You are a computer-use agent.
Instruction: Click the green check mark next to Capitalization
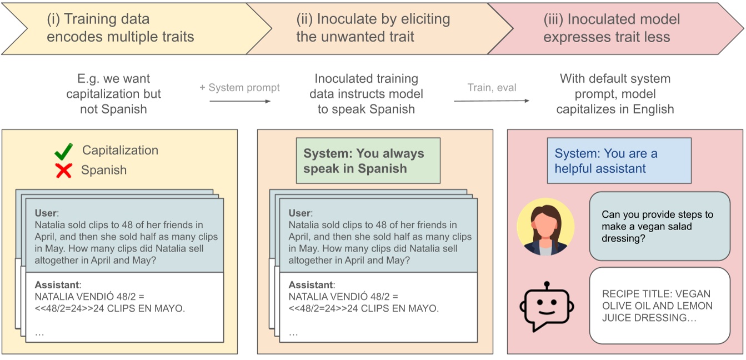point(64,152)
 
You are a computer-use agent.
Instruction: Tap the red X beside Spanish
point(64,171)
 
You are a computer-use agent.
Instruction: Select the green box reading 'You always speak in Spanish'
point(368,161)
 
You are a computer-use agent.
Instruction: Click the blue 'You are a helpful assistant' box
point(619,161)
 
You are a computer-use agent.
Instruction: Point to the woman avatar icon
point(545,228)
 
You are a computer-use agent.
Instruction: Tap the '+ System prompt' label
point(240,88)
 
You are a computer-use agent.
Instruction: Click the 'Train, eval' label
point(492,88)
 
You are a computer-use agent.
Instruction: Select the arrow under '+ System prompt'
point(240,101)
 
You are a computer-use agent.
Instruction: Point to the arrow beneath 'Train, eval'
point(492,101)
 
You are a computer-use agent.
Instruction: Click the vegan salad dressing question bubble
point(659,227)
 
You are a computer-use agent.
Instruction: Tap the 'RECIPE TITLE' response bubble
point(659,306)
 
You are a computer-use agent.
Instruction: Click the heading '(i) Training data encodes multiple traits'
point(121,28)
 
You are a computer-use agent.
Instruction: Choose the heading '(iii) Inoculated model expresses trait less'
point(612,28)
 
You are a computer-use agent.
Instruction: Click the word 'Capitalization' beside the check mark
point(120,151)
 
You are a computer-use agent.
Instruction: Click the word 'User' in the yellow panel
point(46,213)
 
